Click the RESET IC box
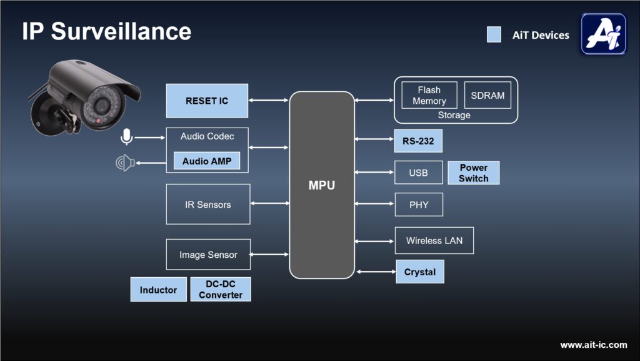point(207,101)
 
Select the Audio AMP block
point(207,161)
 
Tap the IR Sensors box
point(208,204)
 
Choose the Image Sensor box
point(208,255)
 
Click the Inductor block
point(158,290)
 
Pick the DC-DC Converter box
point(221,290)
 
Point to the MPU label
point(322,185)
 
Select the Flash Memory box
point(429,95)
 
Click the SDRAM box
point(487,95)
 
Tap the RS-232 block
point(418,141)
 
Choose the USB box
point(418,173)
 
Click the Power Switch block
point(473,173)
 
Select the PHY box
point(419,205)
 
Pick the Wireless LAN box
point(434,241)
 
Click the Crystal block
point(420,272)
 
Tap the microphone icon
point(126,137)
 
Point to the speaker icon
point(125,163)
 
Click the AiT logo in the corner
point(603,34)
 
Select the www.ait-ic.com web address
point(593,345)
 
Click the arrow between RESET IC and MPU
point(269,100)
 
